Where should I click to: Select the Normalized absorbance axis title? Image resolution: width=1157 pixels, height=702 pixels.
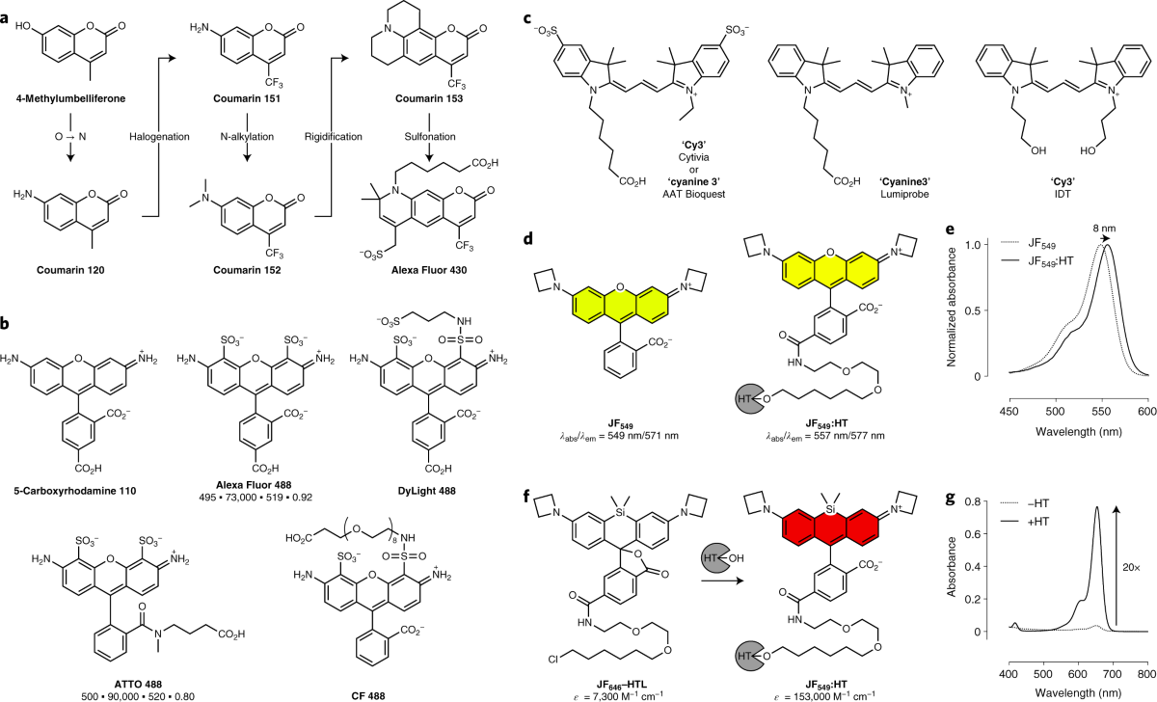(x=954, y=310)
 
